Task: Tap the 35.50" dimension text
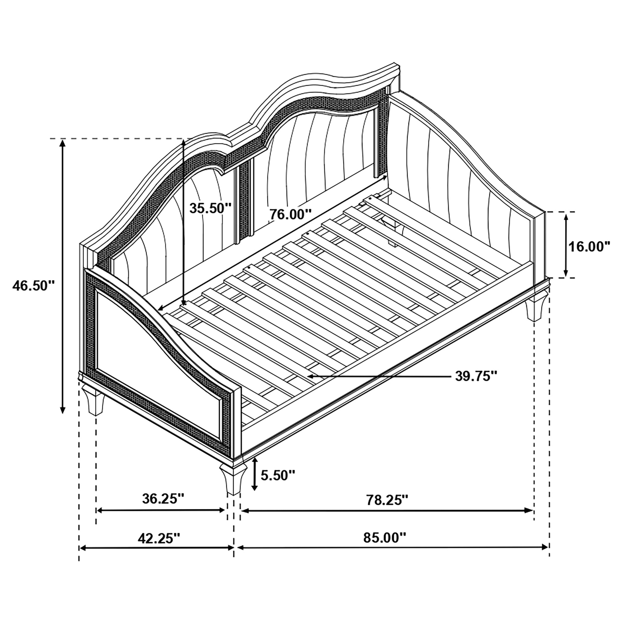(210, 208)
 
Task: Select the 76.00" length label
(291, 214)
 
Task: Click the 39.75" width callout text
(476, 376)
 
